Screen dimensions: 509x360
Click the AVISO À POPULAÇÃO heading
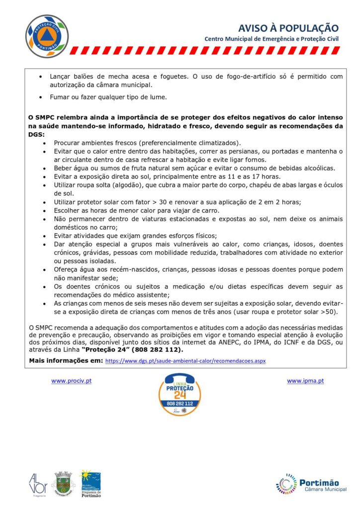pos(288,28)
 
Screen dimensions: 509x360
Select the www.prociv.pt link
pos(71,381)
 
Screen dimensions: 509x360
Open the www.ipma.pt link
pos(305,381)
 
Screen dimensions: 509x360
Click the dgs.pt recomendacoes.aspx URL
pos(185,360)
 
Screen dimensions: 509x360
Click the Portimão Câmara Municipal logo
pos(307,485)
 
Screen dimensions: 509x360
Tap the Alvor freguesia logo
pos(37,484)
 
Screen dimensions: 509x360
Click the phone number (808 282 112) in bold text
pos(154,349)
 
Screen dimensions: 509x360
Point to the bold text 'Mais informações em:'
pos(66,360)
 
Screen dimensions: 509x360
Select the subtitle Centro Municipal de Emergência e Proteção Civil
pos(271,39)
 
